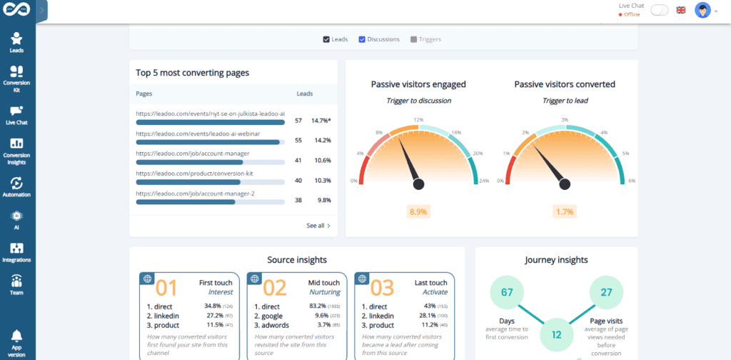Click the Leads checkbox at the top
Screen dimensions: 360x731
click(x=326, y=39)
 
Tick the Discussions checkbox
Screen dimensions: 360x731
click(x=362, y=39)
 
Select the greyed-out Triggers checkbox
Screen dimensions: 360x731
click(x=413, y=39)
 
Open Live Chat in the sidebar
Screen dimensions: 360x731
click(x=16, y=115)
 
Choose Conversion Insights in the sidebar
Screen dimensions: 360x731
click(x=16, y=149)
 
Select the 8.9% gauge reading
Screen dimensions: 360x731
click(x=418, y=211)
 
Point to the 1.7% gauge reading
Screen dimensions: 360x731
click(x=565, y=211)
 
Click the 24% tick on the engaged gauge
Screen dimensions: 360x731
click(x=485, y=181)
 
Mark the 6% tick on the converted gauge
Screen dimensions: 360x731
click(x=631, y=181)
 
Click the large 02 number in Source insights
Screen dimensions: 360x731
click(x=275, y=287)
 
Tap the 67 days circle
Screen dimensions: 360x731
click(x=508, y=292)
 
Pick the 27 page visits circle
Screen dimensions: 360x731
click(x=606, y=292)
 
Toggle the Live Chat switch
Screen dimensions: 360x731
click(x=660, y=10)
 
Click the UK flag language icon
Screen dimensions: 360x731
click(x=681, y=10)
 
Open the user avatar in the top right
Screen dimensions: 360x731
click(x=704, y=11)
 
